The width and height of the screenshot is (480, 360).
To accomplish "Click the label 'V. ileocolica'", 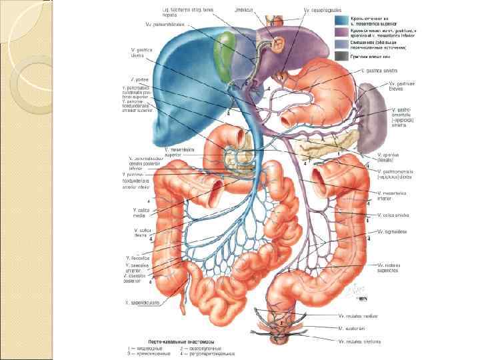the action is click(137, 257).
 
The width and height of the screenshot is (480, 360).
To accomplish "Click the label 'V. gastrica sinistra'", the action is click(379, 69).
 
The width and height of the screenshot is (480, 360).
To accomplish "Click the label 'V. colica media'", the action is click(143, 213).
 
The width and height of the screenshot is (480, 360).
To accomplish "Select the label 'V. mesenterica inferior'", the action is click(394, 195).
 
